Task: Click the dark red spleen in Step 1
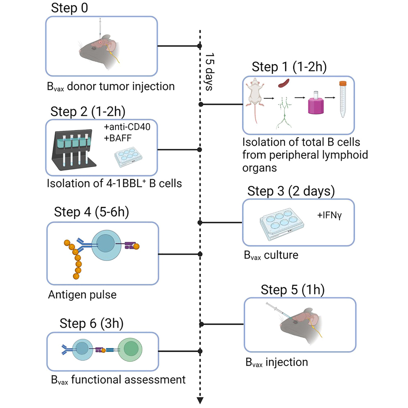pyautogui.click(x=285, y=84)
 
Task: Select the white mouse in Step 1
pyautogui.click(x=256, y=100)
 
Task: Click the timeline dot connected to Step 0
pyautogui.click(x=200, y=46)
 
